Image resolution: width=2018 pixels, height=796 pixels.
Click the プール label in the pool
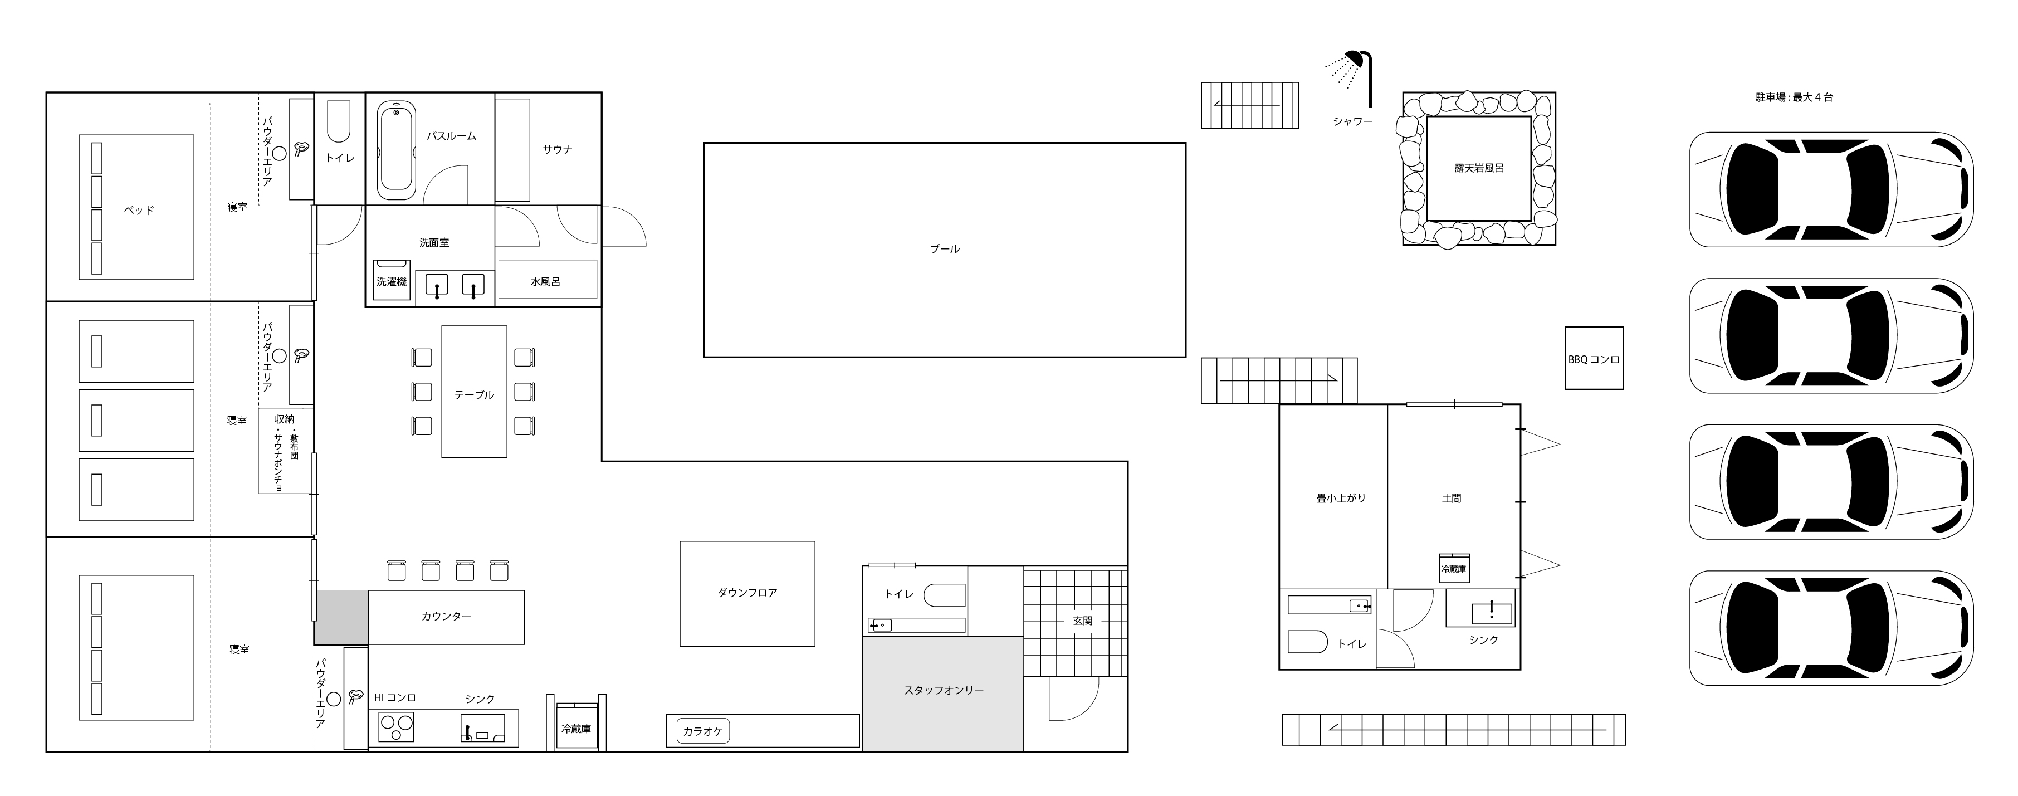[944, 249]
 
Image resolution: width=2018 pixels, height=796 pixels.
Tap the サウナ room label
[557, 149]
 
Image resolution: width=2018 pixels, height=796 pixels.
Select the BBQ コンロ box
[1594, 358]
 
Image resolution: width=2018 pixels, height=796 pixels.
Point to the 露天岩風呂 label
[1479, 168]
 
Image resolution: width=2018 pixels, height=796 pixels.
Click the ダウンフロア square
[747, 593]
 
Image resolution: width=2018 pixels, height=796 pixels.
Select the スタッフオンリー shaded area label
[943, 690]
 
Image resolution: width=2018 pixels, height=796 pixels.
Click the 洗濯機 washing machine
[391, 281]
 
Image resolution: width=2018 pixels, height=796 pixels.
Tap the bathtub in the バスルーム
[397, 150]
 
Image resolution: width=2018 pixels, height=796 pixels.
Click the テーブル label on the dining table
[474, 395]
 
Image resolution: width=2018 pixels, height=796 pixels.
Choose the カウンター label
[447, 617]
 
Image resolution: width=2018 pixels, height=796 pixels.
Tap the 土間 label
[1451, 497]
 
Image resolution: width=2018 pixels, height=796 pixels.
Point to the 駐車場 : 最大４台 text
[1793, 97]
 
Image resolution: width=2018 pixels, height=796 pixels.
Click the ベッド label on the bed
[139, 210]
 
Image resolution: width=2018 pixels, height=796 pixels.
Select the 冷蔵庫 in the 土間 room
[1453, 568]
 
